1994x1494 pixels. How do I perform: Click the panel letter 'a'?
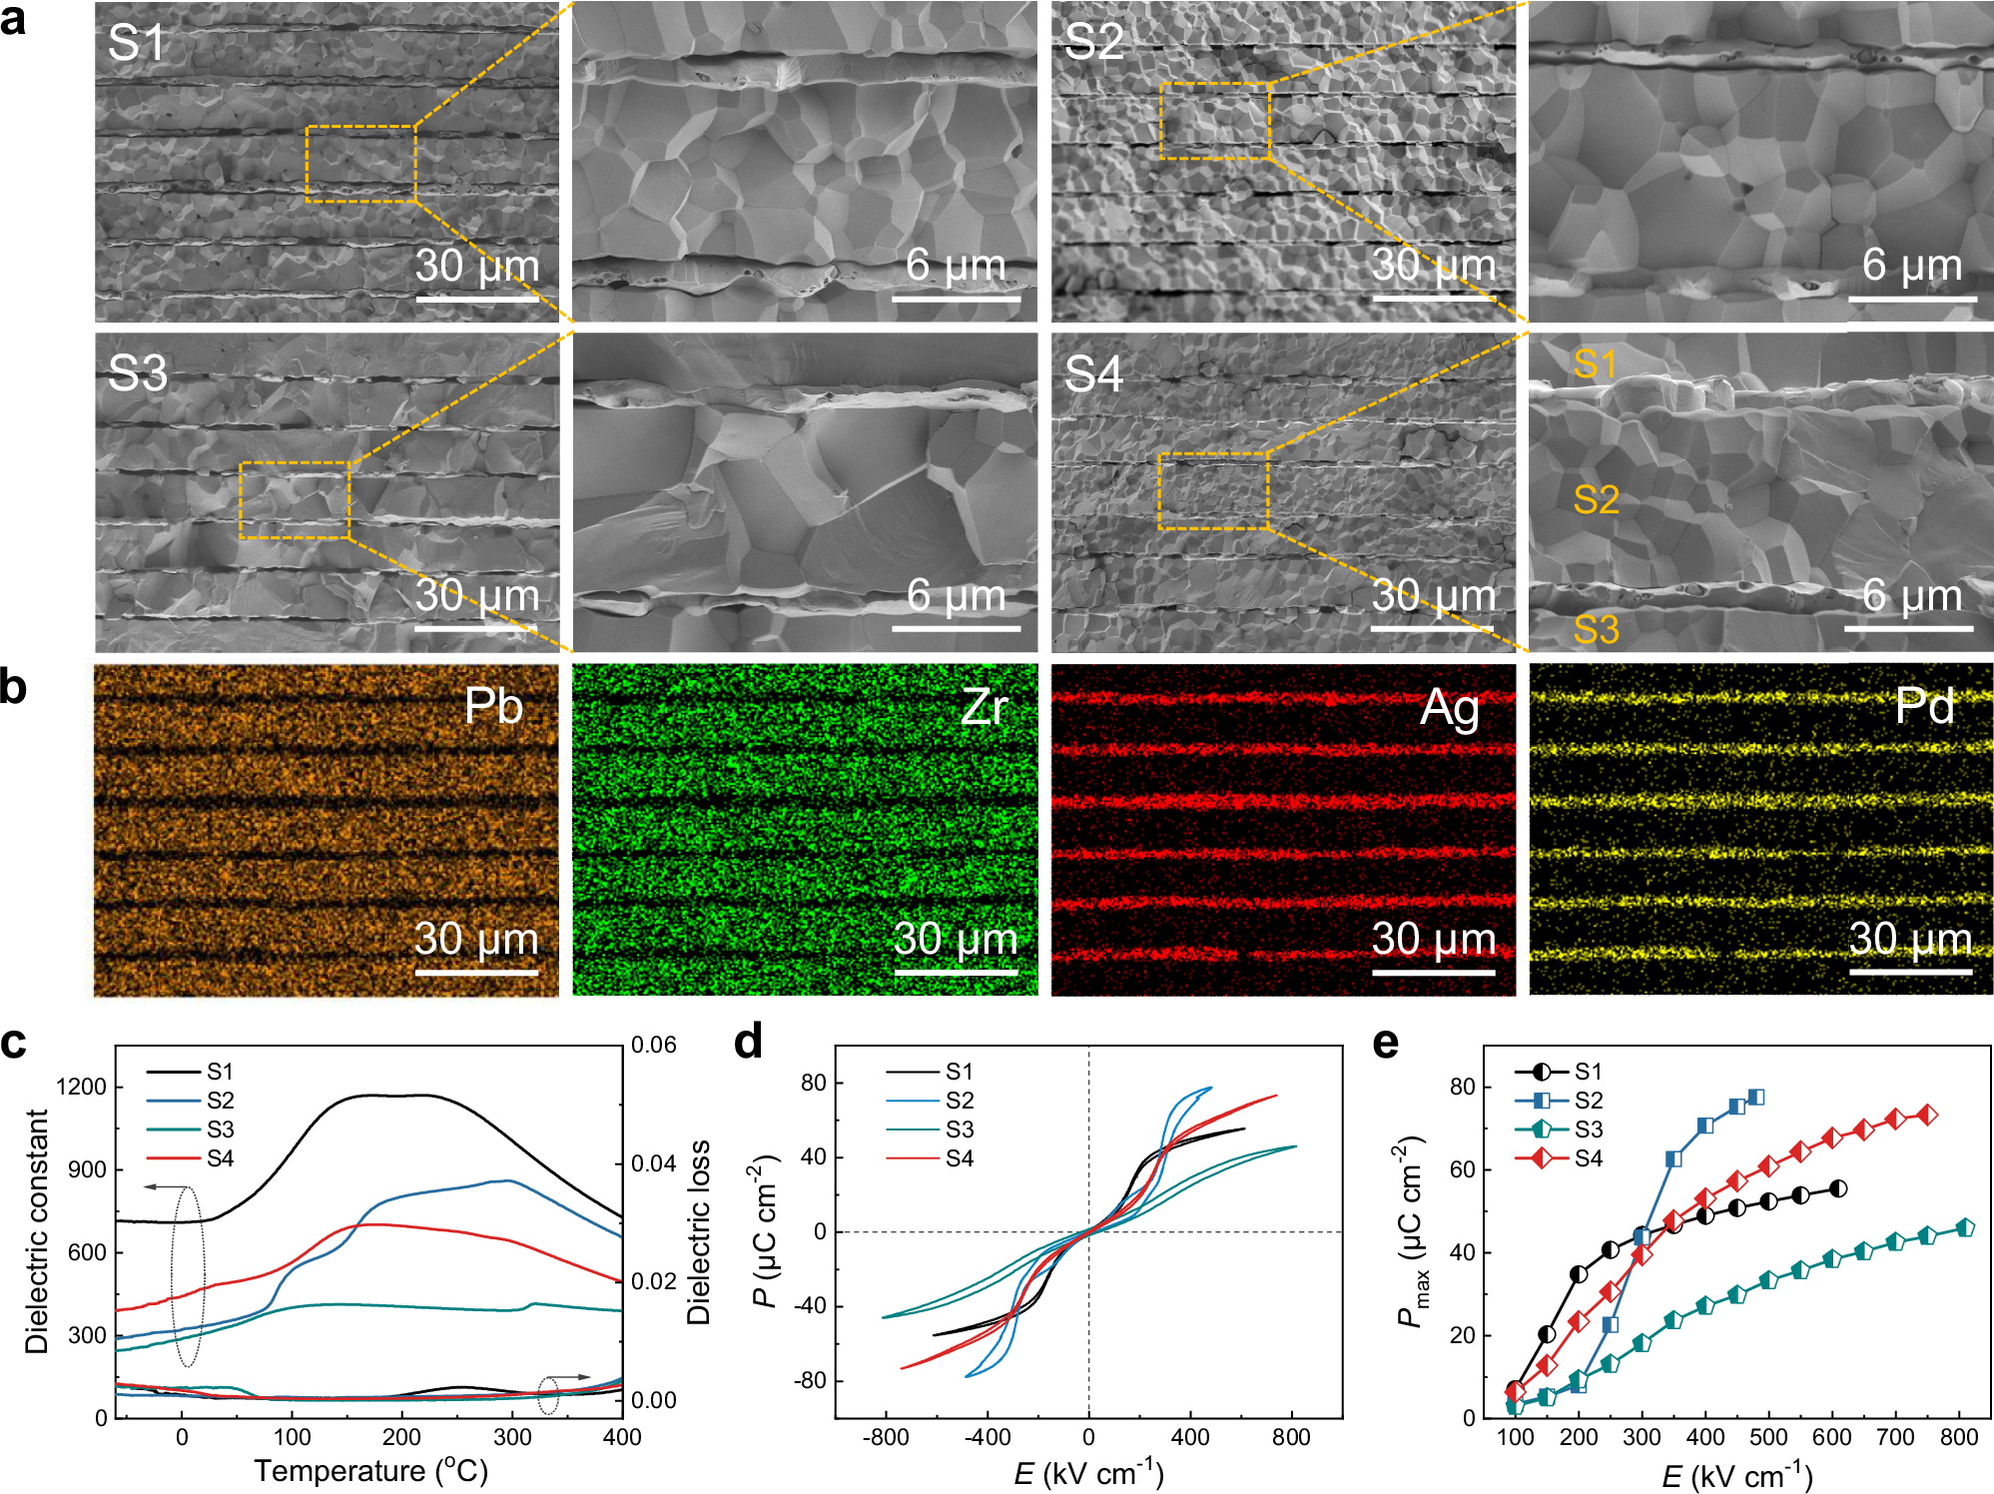pos(14,20)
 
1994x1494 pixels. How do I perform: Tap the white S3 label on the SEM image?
pos(137,373)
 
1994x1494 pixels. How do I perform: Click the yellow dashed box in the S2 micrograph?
pos(1214,121)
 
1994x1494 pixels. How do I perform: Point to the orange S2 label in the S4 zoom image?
pos(1596,499)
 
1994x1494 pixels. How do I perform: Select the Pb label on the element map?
pos(493,706)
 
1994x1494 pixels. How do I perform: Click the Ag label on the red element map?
pos(1450,708)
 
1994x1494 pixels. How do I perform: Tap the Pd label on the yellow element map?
pos(1924,706)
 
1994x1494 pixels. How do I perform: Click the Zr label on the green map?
pos(984,707)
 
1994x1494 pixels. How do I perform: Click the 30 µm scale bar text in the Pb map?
pos(476,939)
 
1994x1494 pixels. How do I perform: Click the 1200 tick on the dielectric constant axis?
pos(82,1087)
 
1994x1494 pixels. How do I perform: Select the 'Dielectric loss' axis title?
pos(699,1231)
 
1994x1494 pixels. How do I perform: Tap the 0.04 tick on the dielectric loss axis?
pos(654,1163)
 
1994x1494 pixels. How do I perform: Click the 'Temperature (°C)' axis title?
pos(370,1471)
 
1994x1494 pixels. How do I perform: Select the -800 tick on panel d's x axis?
pos(885,1438)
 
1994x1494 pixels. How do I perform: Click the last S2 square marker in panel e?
pos(1756,1098)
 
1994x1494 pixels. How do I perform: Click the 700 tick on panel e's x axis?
pos(1895,1438)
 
